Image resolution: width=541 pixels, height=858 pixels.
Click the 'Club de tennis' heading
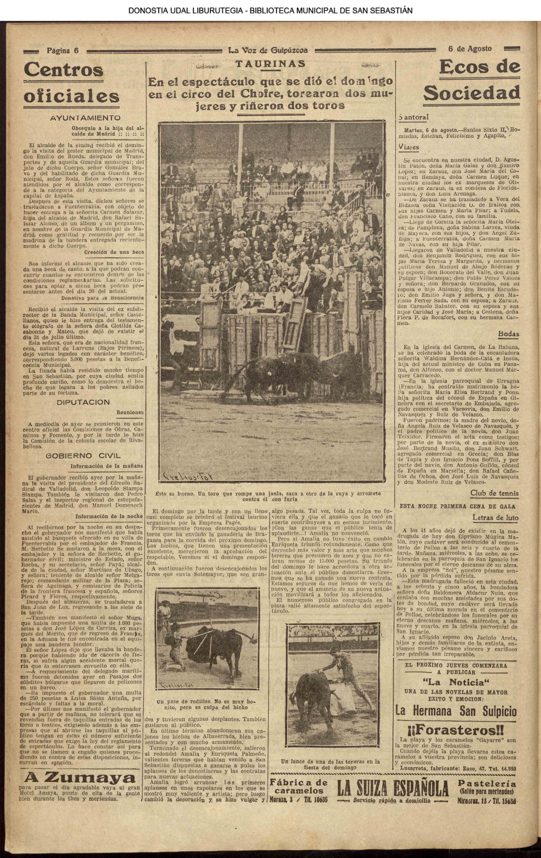[x=494, y=494]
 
